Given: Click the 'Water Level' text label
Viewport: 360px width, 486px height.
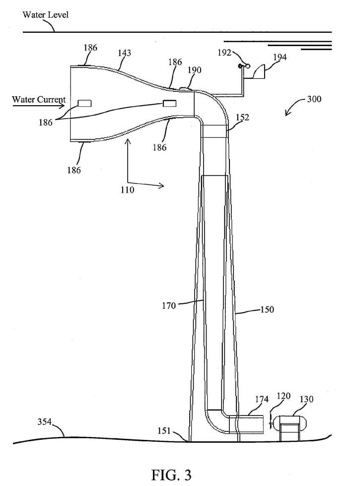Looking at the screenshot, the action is (45, 14).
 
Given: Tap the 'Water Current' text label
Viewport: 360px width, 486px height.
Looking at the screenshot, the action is (39, 99).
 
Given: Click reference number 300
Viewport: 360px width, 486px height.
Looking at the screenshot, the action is (314, 99).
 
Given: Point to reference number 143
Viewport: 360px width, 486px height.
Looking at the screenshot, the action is (124, 53).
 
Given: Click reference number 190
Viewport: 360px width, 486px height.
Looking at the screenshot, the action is (195, 70).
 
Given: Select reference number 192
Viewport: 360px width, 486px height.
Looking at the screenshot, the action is (224, 53).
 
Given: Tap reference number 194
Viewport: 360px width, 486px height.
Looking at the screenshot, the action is (280, 58).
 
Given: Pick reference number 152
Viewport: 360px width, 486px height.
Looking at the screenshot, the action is (242, 117).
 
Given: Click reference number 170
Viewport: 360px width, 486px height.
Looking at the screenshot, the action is (169, 306).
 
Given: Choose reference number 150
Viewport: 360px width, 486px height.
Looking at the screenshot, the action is (267, 310).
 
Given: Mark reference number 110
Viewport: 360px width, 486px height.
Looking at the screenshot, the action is (127, 190).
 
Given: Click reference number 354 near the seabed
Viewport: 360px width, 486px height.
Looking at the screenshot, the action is (44, 422).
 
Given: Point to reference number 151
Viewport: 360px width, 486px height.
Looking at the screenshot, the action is (164, 430).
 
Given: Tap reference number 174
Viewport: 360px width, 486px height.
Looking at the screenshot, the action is (262, 399).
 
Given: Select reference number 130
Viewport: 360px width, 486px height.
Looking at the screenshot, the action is (306, 399).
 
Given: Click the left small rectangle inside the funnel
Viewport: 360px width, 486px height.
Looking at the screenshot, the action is (84, 103).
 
